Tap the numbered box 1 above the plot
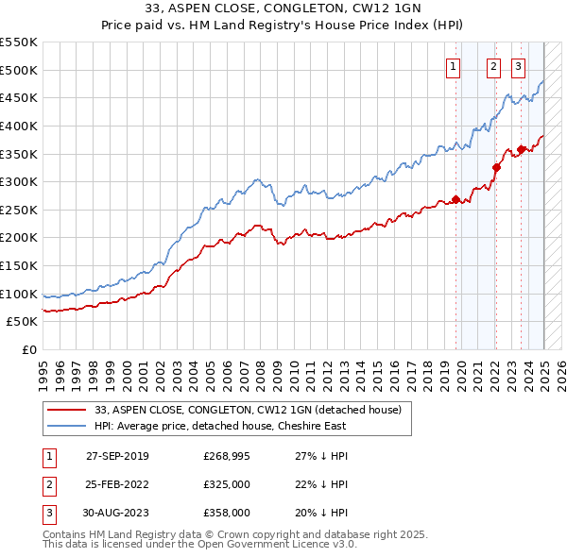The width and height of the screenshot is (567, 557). pyautogui.click(x=454, y=66)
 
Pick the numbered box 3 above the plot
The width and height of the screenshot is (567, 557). pyautogui.click(x=519, y=66)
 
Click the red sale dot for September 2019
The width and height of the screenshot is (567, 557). pyautogui.click(x=455, y=199)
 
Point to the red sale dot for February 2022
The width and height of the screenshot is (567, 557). pyautogui.click(x=496, y=167)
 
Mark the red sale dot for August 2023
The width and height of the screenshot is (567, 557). pyautogui.click(x=521, y=149)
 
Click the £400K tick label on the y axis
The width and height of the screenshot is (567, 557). pyautogui.click(x=19, y=126)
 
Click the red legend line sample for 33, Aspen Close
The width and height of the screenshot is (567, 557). pyautogui.click(x=66, y=410)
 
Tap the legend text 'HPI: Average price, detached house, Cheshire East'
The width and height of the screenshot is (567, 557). pyautogui.click(x=220, y=426)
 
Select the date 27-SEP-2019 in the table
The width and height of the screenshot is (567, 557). pyautogui.click(x=117, y=456)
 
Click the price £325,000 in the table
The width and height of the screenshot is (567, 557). pyautogui.click(x=227, y=484)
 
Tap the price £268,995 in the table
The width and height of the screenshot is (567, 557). pyautogui.click(x=227, y=456)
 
